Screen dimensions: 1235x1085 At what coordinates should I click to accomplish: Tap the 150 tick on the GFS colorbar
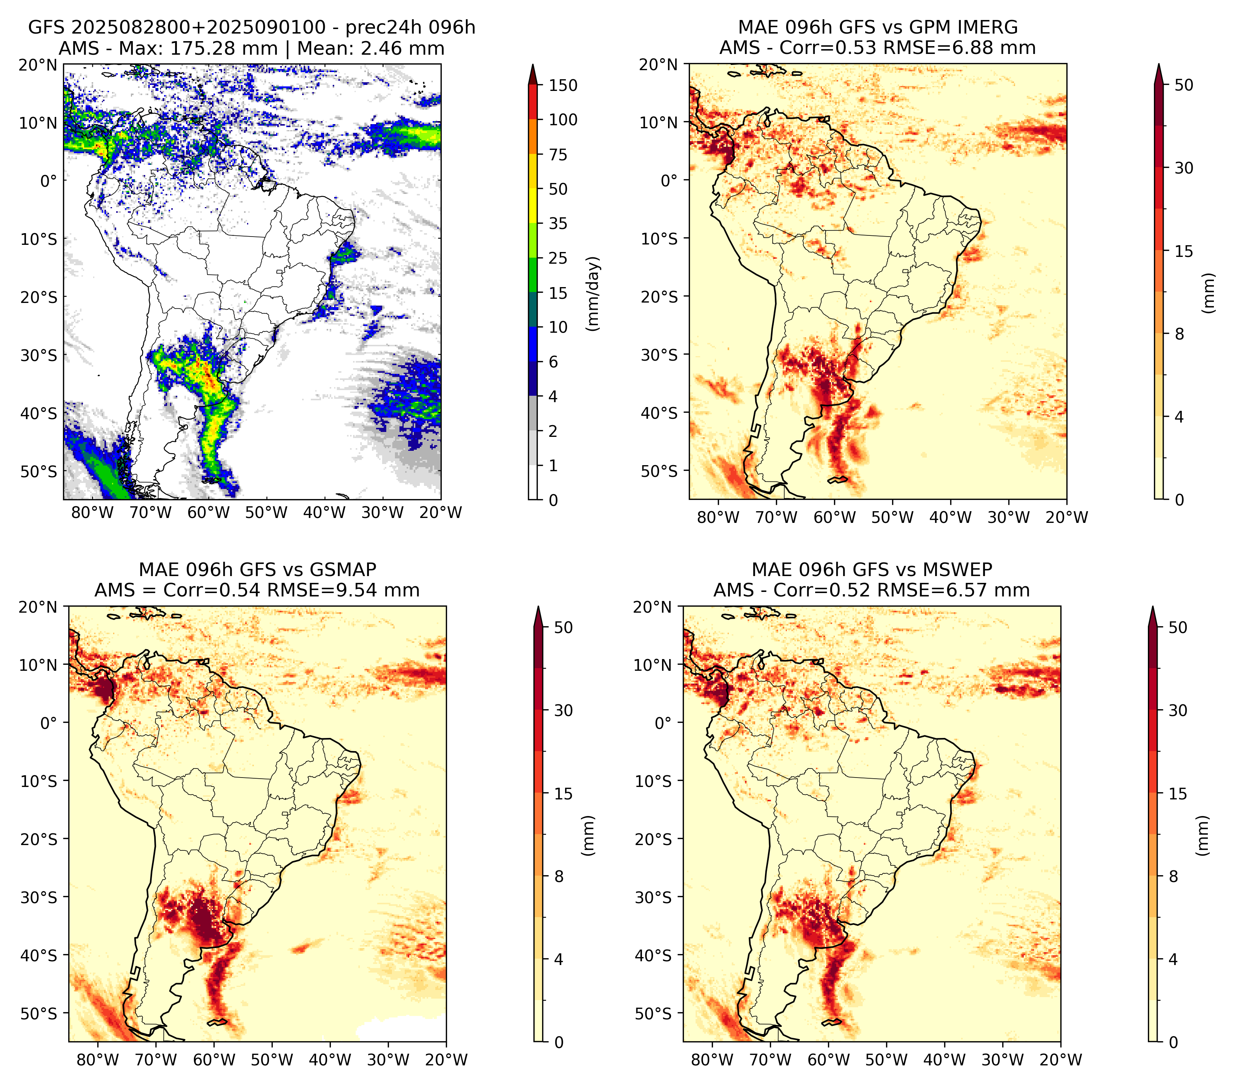pyautogui.click(x=563, y=85)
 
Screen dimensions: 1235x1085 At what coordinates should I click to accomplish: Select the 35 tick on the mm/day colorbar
pyautogui.click(x=558, y=223)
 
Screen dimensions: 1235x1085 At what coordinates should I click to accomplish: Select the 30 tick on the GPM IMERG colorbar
pyautogui.click(x=1184, y=168)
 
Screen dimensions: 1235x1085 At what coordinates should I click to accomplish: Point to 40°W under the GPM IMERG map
pyautogui.click(x=951, y=518)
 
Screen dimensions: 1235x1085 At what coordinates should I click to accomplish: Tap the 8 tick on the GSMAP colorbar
pyautogui.click(x=559, y=877)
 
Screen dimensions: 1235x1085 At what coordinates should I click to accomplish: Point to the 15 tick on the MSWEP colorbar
pyautogui.click(x=1178, y=794)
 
